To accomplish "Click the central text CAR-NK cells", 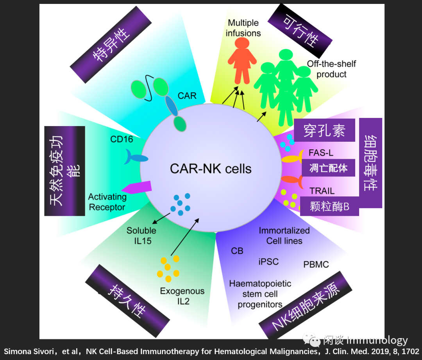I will pos(211,168).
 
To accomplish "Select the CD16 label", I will pos(122,139).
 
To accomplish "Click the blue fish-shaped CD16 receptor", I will pos(136,157).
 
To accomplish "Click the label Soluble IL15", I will pos(141,235).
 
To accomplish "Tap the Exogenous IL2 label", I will pos(182,296).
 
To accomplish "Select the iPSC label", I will pos(268,261).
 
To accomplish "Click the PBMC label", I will pos(316,265).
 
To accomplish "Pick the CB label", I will pos(237,251).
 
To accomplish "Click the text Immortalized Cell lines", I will pos(284,235).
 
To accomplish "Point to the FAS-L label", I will pos(321,153).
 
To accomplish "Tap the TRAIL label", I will pos(322,191).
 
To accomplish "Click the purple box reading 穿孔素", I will pos(324,131).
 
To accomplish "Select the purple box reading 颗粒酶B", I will pos(329,206).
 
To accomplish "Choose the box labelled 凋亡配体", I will pos(328,168).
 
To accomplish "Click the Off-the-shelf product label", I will pos(331,69).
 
